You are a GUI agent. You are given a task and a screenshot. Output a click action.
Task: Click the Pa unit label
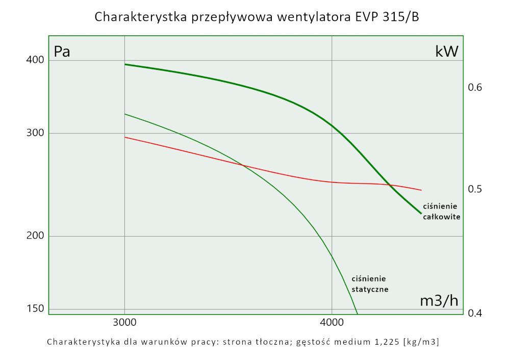click(x=62, y=52)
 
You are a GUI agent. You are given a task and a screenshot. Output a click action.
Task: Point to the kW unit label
click(x=447, y=52)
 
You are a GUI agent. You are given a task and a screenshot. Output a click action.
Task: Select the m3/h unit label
click(x=439, y=301)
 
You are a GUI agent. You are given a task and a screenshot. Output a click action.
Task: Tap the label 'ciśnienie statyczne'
click(x=370, y=284)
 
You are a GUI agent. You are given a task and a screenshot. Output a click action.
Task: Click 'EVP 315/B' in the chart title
click(x=385, y=17)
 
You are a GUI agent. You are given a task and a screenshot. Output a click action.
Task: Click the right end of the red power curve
click(x=421, y=190)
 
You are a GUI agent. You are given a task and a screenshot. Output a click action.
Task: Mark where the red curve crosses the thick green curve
click(x=389, y=184)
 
